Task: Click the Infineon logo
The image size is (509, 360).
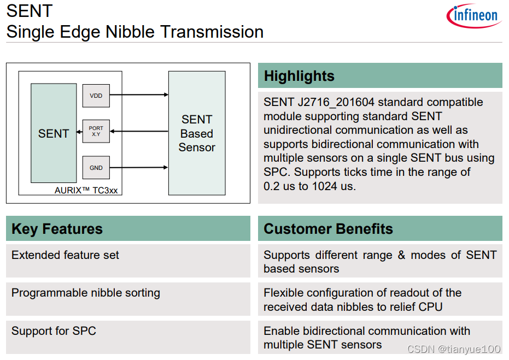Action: click(474, 16)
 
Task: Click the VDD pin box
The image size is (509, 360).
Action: click(96, 96)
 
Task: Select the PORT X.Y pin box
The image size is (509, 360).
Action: click(96, 131)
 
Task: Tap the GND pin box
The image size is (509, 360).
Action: click(96, 168)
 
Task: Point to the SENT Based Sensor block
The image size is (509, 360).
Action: click(196, 133)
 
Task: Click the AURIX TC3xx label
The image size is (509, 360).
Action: click(86, 191)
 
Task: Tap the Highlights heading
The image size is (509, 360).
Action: click(299, 76)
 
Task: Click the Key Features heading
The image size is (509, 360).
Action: click(57, 229)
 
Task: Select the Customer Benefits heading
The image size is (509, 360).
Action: click(328, 229)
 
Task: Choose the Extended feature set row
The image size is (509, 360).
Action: click(65, 255)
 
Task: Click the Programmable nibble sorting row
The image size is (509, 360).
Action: click(86, 293)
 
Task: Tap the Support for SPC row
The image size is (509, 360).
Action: click(54, 331)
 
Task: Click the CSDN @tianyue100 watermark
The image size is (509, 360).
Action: click(453, 349)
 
